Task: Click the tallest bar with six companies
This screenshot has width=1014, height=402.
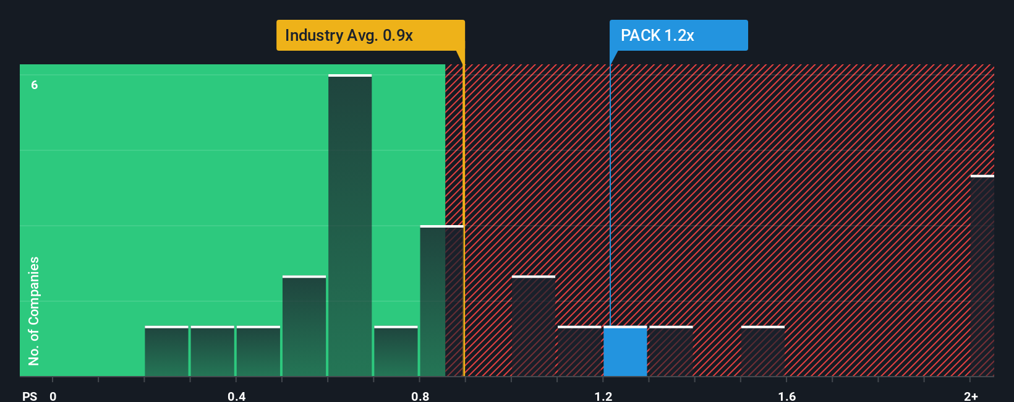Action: click(350, 226)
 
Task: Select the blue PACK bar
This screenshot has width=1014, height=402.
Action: click(625, 351)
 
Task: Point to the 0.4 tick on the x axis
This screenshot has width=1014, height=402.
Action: click(236, 396)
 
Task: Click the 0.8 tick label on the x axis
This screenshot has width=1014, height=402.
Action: click(420, 396)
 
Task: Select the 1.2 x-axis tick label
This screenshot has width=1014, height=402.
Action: click(603, 396)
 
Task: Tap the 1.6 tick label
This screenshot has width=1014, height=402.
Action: click(786, 396)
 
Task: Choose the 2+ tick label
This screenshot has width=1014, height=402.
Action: click(971, 396)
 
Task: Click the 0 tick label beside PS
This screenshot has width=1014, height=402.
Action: click(53, 396)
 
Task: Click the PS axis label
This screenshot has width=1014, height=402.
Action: click(30, 396)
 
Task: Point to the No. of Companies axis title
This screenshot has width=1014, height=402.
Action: click(34, 310)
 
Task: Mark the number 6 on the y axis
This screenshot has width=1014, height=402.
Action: click(35, 85)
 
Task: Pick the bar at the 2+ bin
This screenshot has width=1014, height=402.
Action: click(982, 276)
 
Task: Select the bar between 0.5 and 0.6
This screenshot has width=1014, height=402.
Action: click(304, 326)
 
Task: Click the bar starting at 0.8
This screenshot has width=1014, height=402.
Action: click(441, 301)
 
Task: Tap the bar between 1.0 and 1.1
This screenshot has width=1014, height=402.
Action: click(534, 326)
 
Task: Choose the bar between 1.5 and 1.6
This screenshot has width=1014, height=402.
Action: click(763, 351)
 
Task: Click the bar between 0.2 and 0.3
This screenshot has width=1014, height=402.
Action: click(166, 351)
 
